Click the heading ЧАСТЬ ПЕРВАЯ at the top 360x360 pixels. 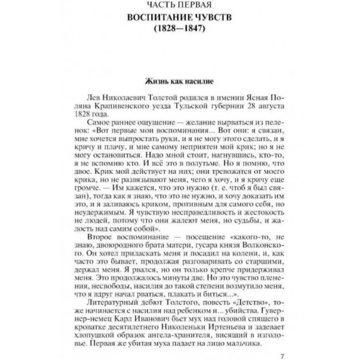click(x=180, y=6)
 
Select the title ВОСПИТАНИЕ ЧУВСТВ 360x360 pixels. click(x=180, y=19)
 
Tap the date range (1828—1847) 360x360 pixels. click(x=180, y=32)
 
